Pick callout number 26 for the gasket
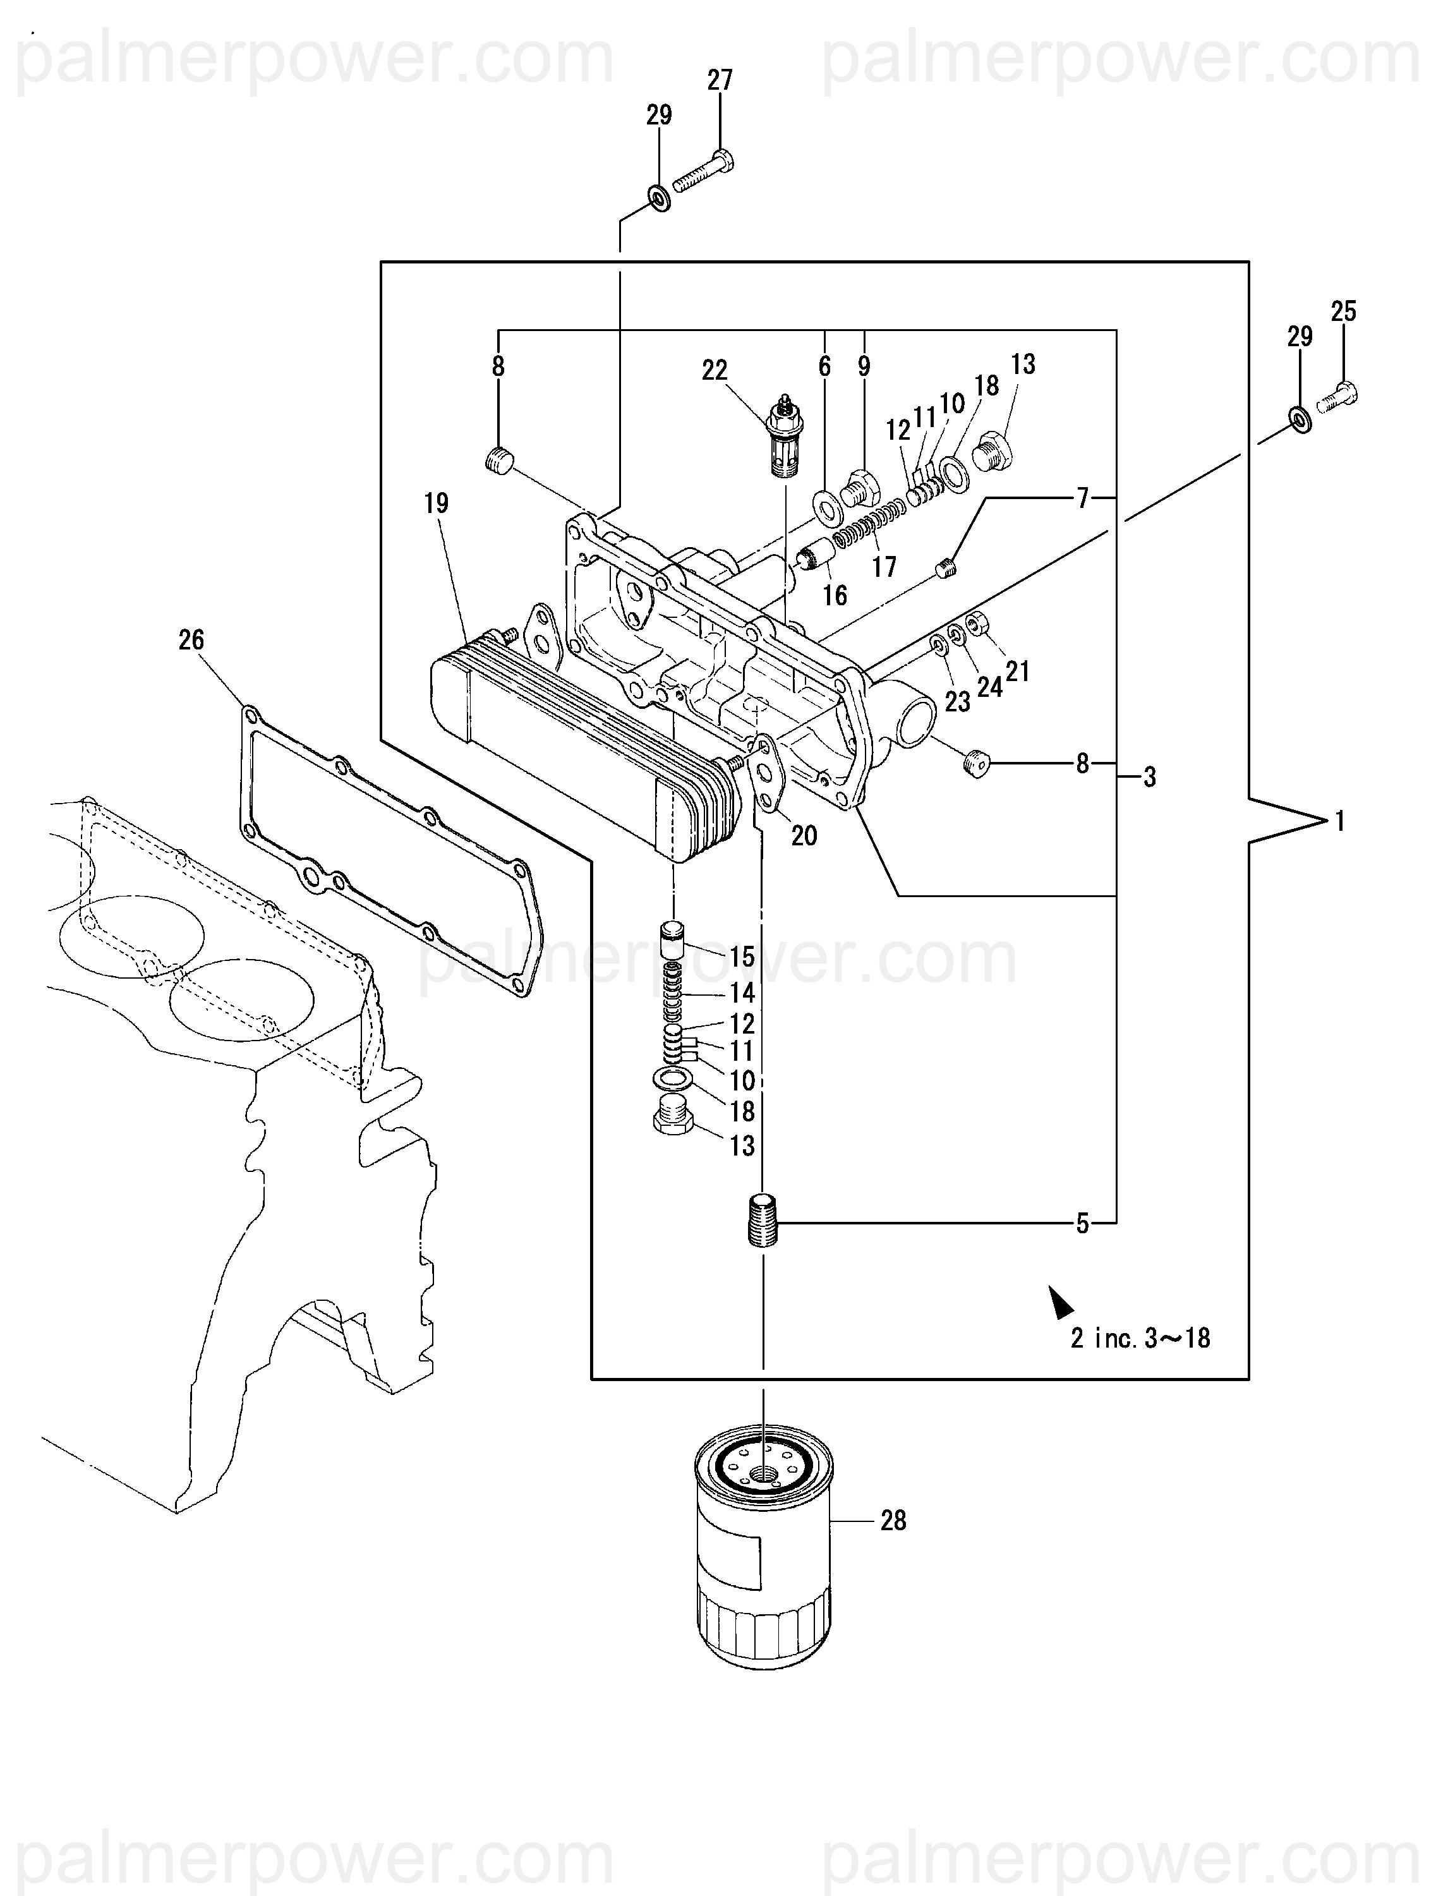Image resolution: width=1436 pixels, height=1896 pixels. pos(191,639)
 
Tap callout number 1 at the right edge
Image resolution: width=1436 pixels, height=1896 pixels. pos(1340,822)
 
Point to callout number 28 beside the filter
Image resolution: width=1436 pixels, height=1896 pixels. pos(893,1521)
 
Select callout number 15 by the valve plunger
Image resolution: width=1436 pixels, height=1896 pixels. pos(742,956)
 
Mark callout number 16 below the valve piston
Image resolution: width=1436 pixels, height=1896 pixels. pos(834,595)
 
